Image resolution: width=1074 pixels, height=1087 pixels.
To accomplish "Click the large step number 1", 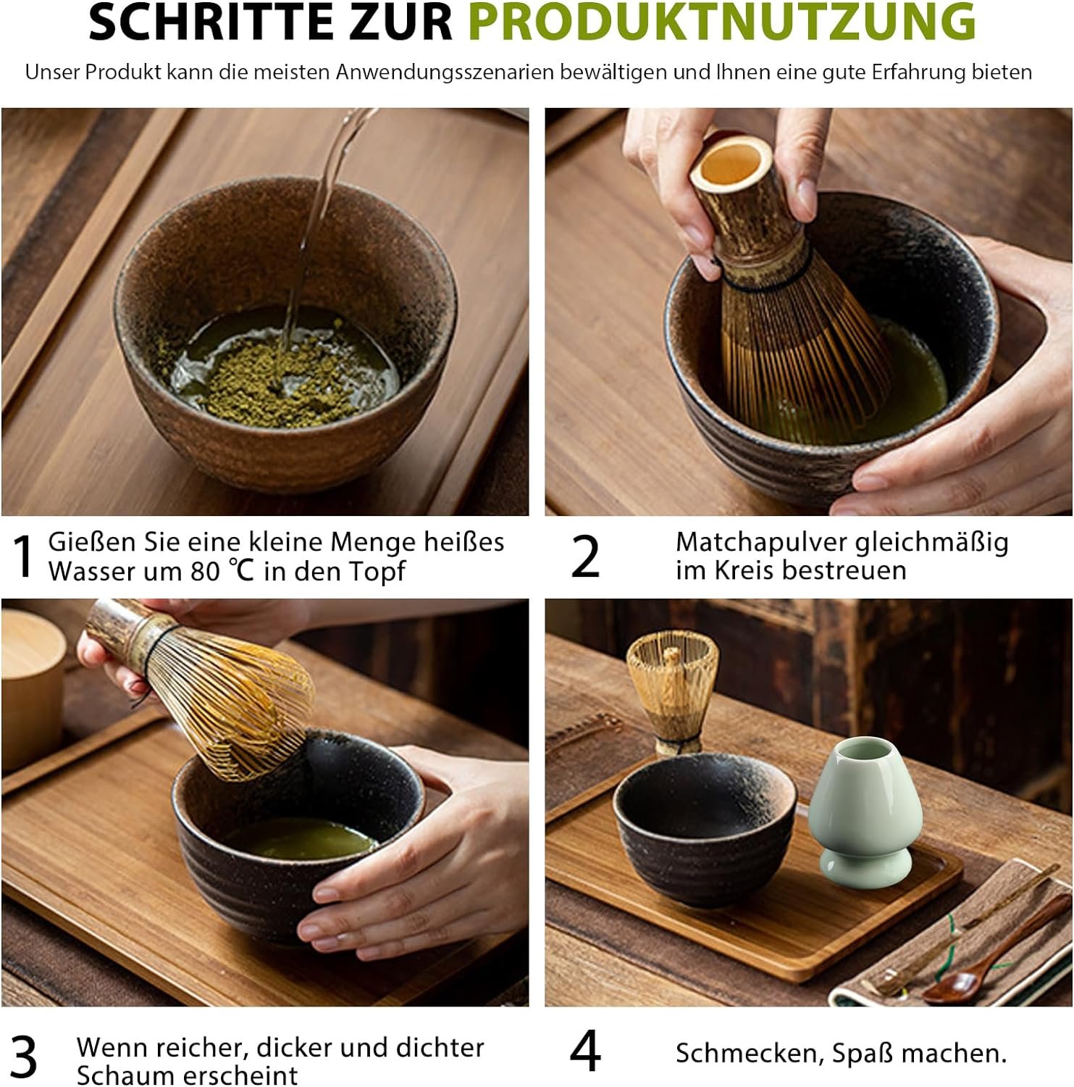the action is pos(25,557).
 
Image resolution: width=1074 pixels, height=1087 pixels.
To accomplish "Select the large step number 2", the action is pos(585,557).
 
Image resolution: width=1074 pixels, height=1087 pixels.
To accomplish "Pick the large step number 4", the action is pos(585,1051).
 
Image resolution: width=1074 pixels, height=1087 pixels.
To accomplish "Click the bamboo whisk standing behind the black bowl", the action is pos(672,692).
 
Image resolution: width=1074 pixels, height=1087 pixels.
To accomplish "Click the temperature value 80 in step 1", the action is pos(205,572).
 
